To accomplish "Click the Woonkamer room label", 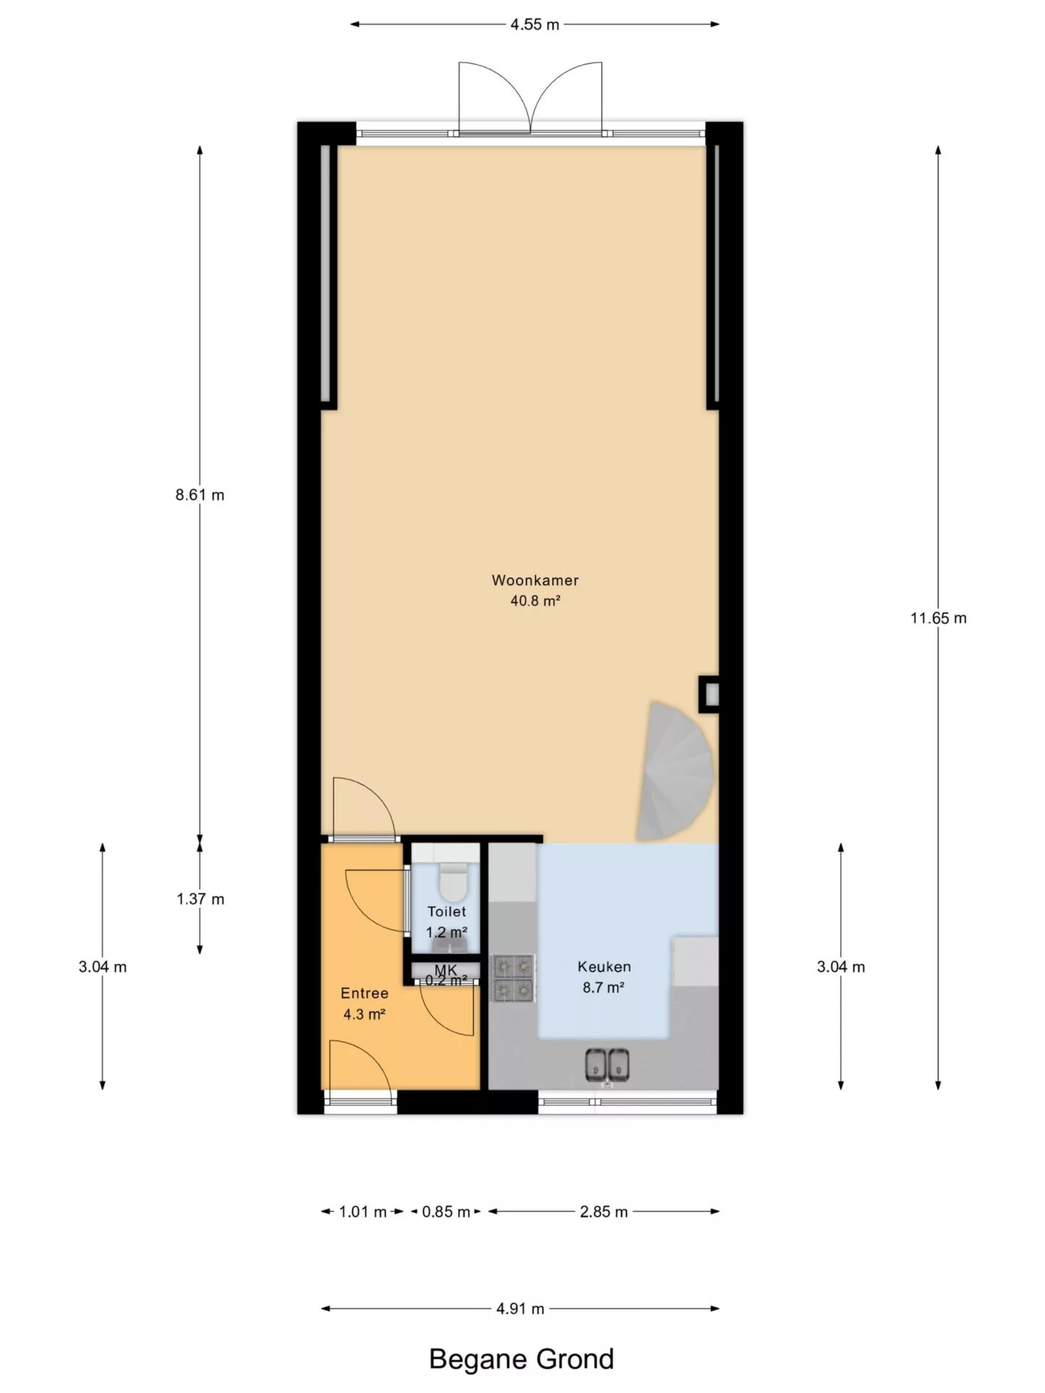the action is pos(535,580).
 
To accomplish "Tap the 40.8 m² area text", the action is pos(536,601).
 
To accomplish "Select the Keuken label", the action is pos(604,966).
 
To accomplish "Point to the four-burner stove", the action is pos(514,978).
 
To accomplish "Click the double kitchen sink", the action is pos(607,1066).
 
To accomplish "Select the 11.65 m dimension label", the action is pos(938,618).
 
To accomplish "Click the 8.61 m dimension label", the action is pos(200,495).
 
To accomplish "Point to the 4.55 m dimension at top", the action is pos(535,24).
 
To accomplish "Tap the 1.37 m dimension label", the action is pos(200,899).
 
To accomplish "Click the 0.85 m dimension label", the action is pos(446,1212).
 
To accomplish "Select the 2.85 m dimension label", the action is pos(604,1212).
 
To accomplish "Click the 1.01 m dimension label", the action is pos(363,1212).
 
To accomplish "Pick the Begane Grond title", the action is pos(522,1359).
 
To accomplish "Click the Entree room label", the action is pos(364,993).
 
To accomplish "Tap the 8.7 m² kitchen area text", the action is pos(604,987).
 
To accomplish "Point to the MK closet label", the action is pos(446,969).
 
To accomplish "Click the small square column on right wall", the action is pos(709,694).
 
